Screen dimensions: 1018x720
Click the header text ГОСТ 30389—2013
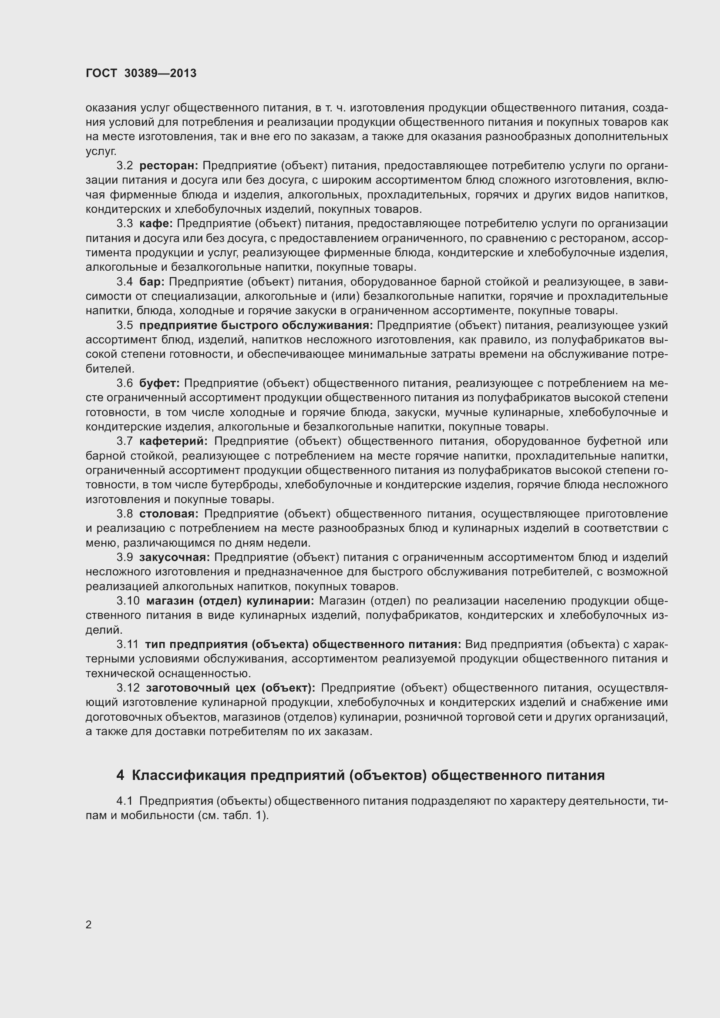(x=141, y=74)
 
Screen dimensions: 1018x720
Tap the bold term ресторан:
(x=169, y=166)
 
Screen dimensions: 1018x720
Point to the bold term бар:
(x=152, y=282)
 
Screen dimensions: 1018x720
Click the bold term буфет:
(x=160, y=383)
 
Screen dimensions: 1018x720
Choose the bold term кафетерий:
(x=173, y=441)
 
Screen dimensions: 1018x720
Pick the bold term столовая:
(x=169, y=514)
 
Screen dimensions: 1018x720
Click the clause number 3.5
(x=124, y=326)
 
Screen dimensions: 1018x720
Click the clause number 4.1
(x=124, y=801)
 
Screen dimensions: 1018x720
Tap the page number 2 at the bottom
(x=89, y=925)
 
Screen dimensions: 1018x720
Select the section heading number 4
(x=120, y=776)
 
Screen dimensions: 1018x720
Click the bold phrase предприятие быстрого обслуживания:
(x=256, y=326)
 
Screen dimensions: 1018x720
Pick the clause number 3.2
(x=124, y=166)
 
